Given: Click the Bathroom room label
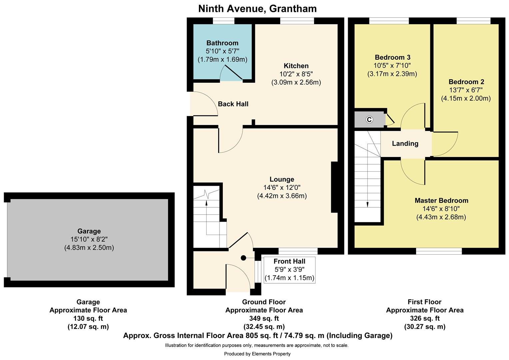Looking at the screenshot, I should click(x=222, y=43).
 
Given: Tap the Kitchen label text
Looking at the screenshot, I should click(x=296, y=66).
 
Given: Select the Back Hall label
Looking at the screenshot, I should click(x=233, y=104).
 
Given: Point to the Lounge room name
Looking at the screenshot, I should click(x=282, y=179).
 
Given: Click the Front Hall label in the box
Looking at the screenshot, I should click(x=289, y=261).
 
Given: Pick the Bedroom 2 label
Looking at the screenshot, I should click(x=466, y=82).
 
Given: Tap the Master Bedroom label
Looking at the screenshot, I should click(x=441, y=201).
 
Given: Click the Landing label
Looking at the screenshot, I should click(x=405, y=144).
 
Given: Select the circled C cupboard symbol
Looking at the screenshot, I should click(x=369, y=120).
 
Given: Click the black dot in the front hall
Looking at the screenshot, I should click(x=244, y=258).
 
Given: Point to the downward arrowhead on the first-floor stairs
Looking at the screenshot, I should click(x=367, y=205).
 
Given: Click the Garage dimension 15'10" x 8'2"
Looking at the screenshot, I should click(x=89, y=239).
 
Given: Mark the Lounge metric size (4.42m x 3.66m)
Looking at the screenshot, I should click(x=282, y=196).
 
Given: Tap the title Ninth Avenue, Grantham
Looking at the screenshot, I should click(x=257, y=9).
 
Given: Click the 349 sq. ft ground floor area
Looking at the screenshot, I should click(x=264, y=318).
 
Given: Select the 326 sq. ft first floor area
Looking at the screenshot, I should click(x=424, y=318).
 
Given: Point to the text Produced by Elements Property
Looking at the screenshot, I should click(x=257, y=354).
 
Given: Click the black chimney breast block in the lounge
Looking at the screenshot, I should click(x=334, y=187).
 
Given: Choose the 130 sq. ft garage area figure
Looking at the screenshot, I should click(x=88, y=318).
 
